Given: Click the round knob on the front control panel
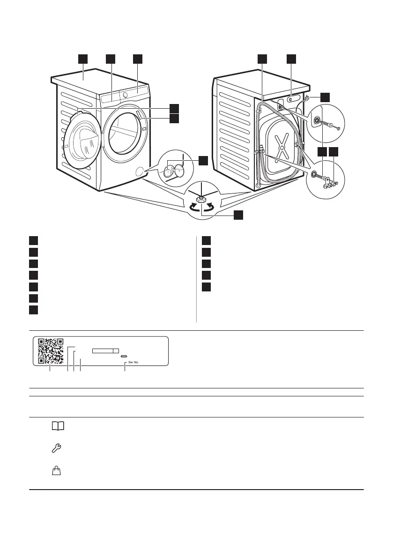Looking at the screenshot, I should coord(125,94).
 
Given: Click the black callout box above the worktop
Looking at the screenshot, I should coord(82,59).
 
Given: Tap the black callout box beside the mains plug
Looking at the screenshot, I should coord(325,97).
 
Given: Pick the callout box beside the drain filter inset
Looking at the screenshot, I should coord(202,161).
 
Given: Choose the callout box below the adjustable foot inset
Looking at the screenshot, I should coord(238,215).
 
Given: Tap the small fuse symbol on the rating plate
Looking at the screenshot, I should coord(124,357).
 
